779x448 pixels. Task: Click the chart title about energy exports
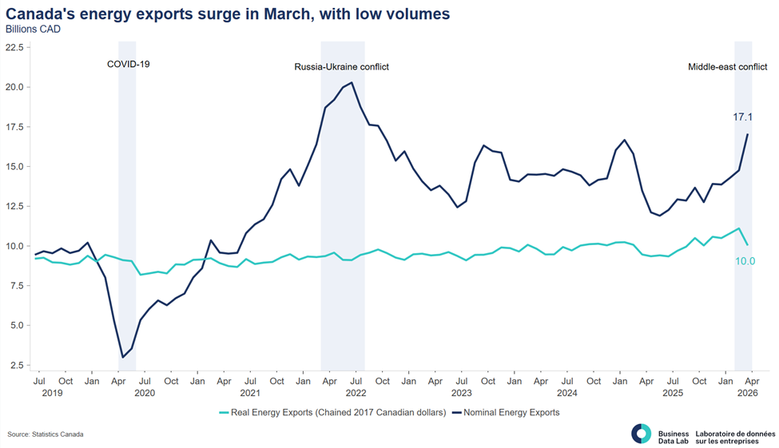(x=228, y=14)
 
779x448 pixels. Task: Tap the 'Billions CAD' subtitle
(x=33, y=30)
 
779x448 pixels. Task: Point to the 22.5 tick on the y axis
(x=14, y=48)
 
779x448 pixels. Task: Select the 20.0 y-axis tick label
(x=14, y=87)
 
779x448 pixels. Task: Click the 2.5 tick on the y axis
(x=17, y=366)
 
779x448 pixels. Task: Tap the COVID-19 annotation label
(x=128, y=64)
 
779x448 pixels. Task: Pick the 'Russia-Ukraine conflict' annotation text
(x=342, y=66)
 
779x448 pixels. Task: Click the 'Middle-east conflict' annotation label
(x=727, y=66)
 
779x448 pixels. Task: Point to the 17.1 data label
(x=743, y=117)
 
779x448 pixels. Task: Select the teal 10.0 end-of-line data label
(x=745, y=261)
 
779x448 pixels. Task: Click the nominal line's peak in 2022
(x=352, y=82)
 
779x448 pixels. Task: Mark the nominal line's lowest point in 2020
(x=123, y=357)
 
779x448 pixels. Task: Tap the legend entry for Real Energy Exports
(x=332, y=412)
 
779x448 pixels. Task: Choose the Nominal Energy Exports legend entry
(x=505, y=412)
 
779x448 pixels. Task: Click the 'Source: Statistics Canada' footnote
(x=46, y=434)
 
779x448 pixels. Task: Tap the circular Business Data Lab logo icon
(x=641, y=434)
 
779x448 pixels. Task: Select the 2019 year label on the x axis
(x=52, y=393)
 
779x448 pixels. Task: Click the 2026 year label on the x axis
(x=748, y=393)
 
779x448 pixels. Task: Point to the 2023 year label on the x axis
(x=462, y=393)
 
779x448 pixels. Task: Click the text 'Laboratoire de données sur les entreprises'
(x=735, y=437)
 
